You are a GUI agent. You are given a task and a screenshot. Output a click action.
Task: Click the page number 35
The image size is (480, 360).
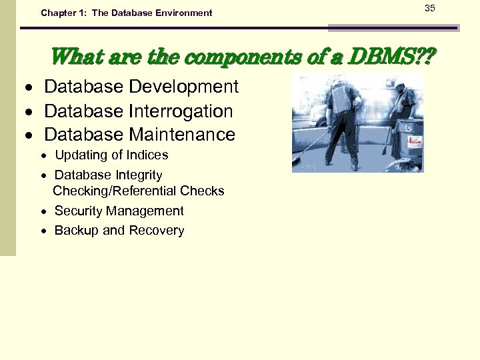tap(429, 8)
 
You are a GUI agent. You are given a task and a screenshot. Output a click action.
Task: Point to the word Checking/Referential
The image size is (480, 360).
tap(110, 191)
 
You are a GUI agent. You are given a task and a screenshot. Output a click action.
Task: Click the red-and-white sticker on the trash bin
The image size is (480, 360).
tap(415, 141)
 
